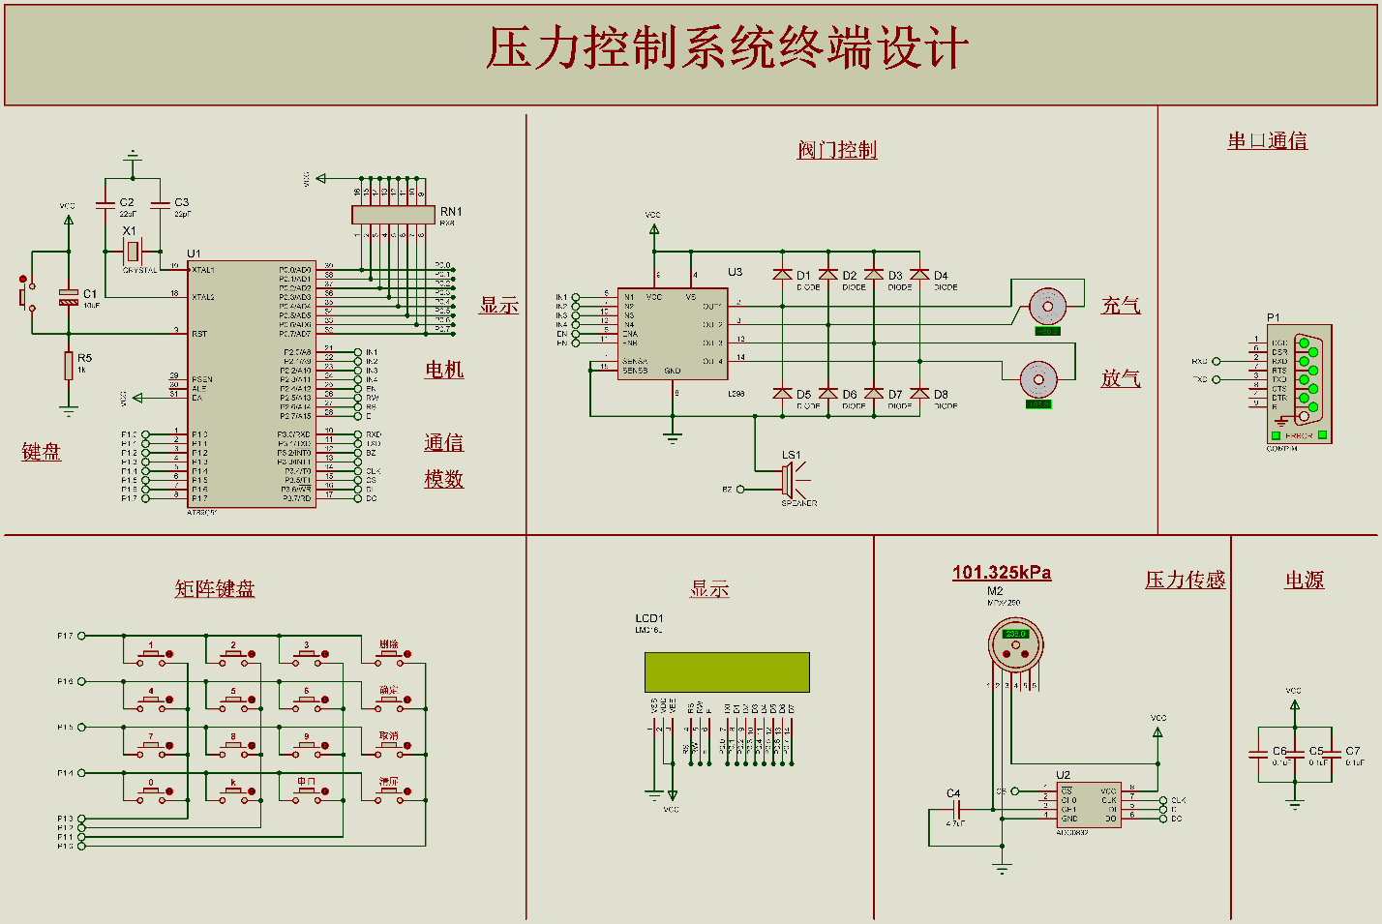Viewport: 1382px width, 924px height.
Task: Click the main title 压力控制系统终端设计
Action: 727,48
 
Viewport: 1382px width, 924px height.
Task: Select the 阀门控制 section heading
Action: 837,150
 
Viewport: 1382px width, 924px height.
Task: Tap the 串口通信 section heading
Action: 1267,141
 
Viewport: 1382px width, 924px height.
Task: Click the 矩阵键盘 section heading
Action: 215,588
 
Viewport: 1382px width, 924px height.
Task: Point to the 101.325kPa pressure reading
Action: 1002,573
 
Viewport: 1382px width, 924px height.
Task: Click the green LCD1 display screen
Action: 727,672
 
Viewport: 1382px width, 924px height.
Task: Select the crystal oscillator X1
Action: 133,252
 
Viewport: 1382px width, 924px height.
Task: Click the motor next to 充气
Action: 1046,306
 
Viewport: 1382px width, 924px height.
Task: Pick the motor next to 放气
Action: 1038,379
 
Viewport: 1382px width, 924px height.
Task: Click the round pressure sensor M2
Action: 1015,644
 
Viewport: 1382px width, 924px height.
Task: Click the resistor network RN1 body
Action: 393,214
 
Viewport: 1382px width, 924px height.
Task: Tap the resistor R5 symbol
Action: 69,367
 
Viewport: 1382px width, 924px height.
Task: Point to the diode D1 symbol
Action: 783,275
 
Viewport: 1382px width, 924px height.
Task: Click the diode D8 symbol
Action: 919,394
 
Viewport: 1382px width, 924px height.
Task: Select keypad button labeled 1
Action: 151,653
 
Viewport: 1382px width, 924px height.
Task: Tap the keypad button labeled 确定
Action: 389,699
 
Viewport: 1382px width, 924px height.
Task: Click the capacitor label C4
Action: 953,793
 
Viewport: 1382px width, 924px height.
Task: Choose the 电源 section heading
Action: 1304,581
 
